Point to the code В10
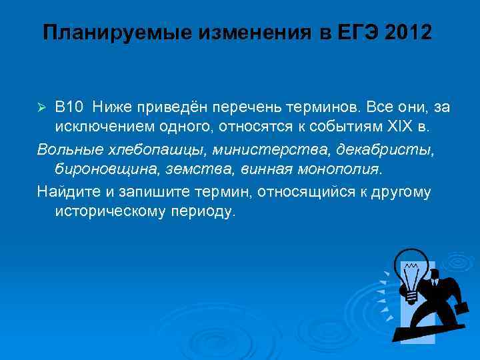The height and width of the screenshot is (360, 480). [69, 107]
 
